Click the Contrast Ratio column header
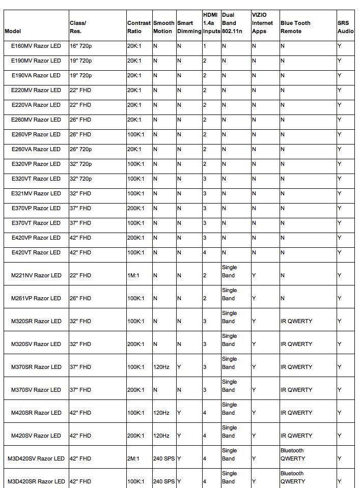click(x=139, y=27)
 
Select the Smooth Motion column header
click(x=163, y=27)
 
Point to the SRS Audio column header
click(x=345, y=27)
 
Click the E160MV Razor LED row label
click(x=36, y=46)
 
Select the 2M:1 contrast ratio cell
click(x=134, y=458)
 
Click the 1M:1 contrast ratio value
click(x=134, y=275)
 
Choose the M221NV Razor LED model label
click(x=36, y=275)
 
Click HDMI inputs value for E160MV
click(x=205, y=46)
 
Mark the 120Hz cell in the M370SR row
click(x=161, y=367)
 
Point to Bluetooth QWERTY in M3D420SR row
click(x=293, y=477)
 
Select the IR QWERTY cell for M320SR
click(x=296, y=321)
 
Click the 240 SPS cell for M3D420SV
click(x=164, y=458)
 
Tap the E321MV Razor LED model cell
click(x=36, y=193)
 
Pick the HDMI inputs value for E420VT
click(x=205, y=252)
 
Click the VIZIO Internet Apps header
click(x=262, y=23)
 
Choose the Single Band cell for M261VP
click(x=229, y=294)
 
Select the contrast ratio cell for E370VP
click(x=136, y=208)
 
